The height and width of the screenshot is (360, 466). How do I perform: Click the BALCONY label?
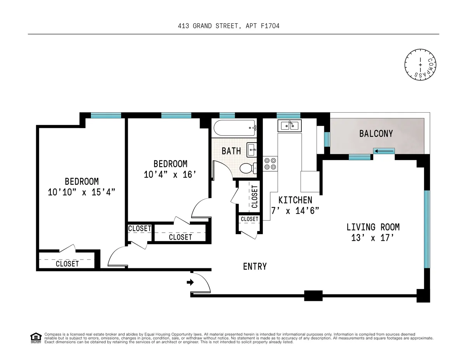pos(376,134)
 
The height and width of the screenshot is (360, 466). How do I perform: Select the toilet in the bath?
pos(247,168)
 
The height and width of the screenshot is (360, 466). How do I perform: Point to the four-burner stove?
pos(270,163)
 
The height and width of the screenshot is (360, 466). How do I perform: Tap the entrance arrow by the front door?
pos(190,282)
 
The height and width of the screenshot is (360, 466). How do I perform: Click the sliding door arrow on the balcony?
pos(384,151)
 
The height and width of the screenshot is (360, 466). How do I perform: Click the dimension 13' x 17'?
pos(373,238)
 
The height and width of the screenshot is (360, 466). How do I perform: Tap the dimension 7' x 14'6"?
pos(295,211)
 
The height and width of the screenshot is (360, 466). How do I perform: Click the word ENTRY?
pos(255,266)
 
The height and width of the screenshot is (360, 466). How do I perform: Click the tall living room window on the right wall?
pos(427,229)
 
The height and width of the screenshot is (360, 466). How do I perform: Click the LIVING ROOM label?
pos(373,227)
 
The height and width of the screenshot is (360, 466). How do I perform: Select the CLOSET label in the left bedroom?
pos(67,264)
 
